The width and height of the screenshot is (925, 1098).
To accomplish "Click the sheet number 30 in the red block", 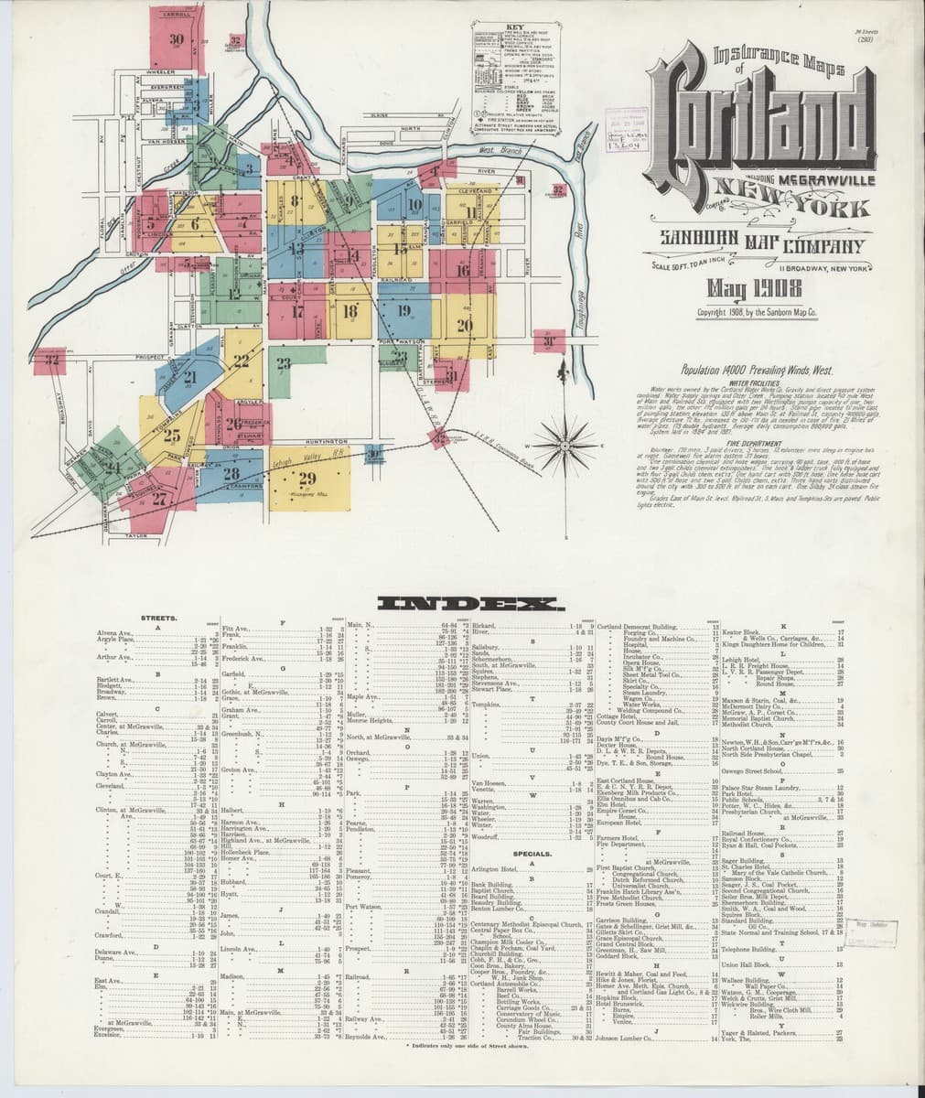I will pyautogui.click(x=176, y=39).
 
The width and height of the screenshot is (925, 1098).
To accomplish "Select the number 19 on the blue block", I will pyautogui.click(x=403, y=310).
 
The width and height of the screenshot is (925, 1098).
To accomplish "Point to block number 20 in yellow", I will pyautogui.click(x=464, y=326).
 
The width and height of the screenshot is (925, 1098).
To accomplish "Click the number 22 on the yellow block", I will pyautogui.click(x=242, y=361).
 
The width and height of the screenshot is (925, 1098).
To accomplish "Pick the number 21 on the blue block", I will pyautogui.click(x=190, y=376).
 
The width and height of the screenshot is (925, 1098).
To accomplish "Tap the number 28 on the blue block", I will pyautogui.click(x=230, y=473).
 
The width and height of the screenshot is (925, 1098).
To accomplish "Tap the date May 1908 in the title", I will pyautogui.click(x=748, y=291).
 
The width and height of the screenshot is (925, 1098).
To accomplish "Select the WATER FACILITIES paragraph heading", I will pyautogui.click(x=751, y=382).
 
